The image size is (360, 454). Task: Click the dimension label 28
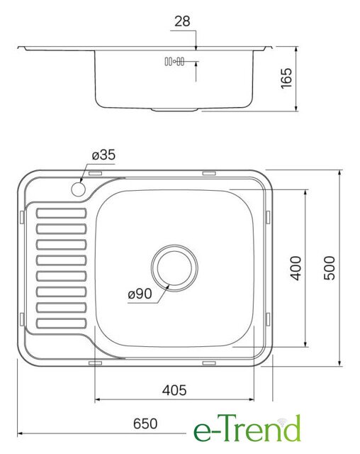(x=182, y=21)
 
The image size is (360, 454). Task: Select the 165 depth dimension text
(x=286, y=78)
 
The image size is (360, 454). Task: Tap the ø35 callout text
(x=103, y=155)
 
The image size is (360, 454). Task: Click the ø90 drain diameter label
(x=140, y=294)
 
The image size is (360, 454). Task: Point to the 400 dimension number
(x=296, y=268)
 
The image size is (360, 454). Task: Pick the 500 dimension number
(x=330, y=268)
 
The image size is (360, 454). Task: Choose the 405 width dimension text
(x=174, y=390)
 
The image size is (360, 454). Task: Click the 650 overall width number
(x=145, y=423)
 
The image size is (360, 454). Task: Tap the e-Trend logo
(x=247, y=428)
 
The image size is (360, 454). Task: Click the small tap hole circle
(x=78, y=189)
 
